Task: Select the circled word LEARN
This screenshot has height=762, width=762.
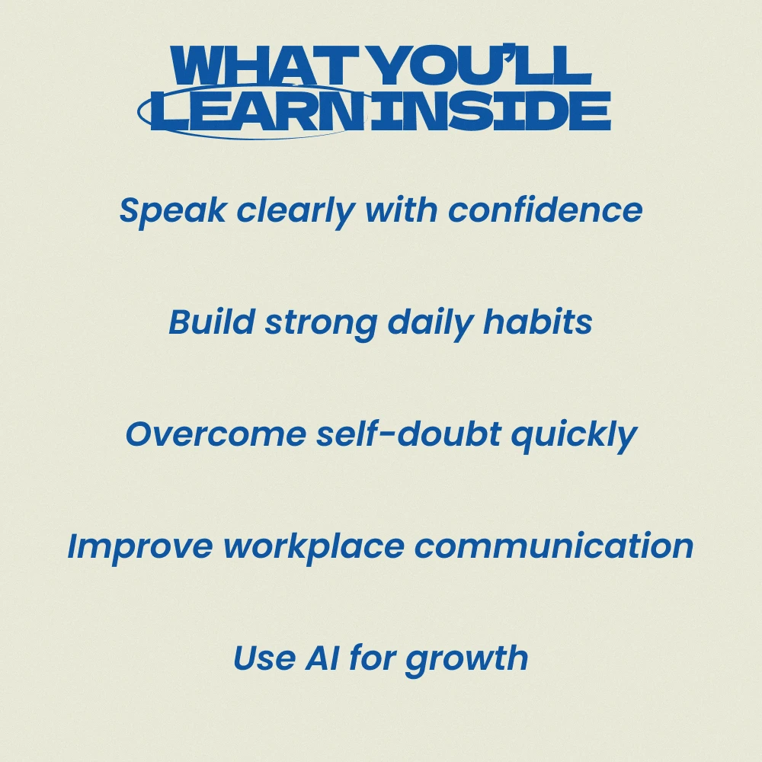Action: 258,110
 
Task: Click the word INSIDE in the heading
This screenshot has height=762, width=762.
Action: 490,110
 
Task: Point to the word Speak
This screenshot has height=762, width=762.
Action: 173,211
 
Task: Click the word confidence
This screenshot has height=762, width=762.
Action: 546,210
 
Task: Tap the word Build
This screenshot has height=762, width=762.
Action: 212,322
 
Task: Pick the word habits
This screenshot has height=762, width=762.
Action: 537,322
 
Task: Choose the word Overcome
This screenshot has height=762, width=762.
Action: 216,434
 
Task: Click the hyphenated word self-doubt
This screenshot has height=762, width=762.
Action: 408,434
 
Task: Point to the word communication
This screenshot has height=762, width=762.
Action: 554,546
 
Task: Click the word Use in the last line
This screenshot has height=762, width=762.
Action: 264,658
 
